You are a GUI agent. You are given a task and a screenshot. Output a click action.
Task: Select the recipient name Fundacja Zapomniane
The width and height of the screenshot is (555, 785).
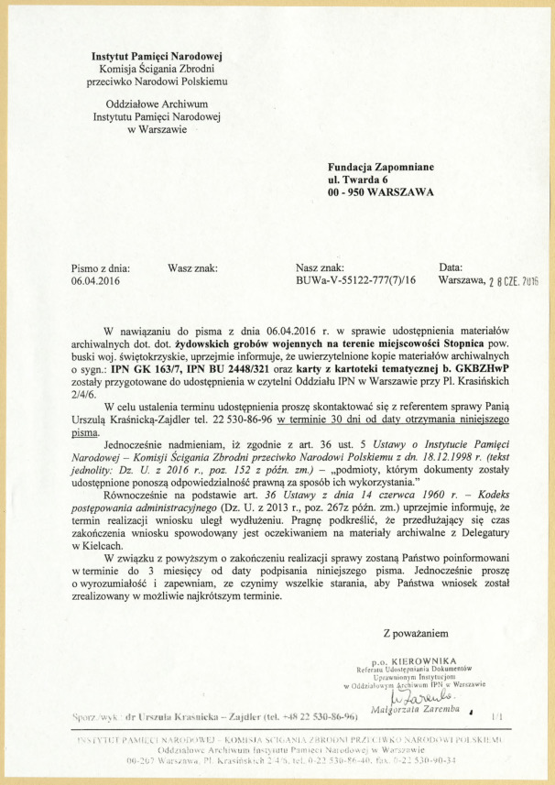(380, 167)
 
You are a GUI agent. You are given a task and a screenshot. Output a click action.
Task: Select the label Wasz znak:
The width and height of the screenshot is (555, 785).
(191, 267)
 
